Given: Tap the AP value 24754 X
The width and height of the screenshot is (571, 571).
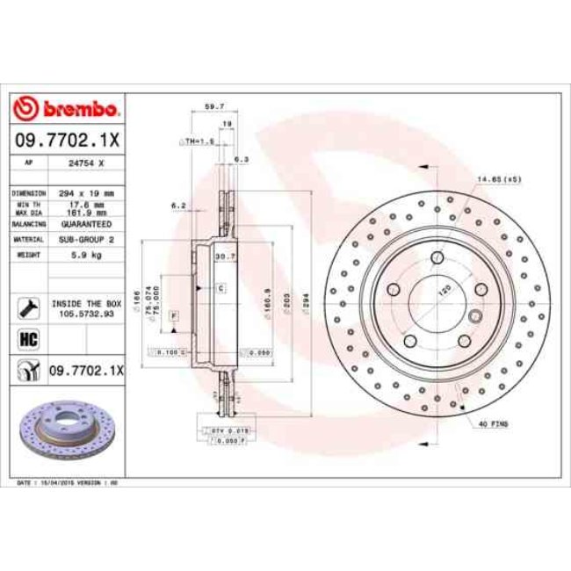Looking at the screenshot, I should point(86,163).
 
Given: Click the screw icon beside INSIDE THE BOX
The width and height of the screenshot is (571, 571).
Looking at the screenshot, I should point(26,307).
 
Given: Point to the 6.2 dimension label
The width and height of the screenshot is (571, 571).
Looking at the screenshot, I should point(177,206).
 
